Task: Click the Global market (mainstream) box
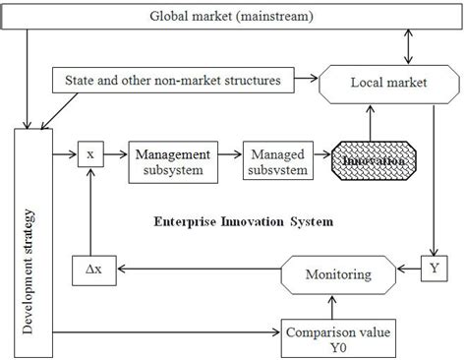232,17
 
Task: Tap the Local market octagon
387,83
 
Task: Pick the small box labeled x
89,154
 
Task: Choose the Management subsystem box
171,161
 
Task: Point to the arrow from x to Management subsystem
116,154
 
